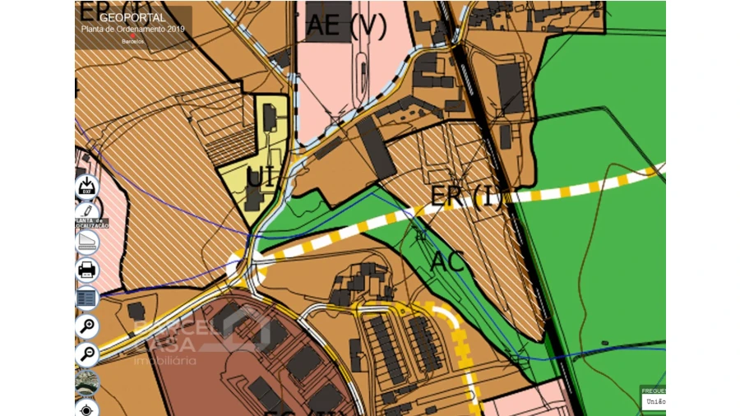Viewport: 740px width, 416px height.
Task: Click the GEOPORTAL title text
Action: pyautogui.click(x=132, y=17)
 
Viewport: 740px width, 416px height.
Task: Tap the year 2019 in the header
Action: pyautogui.click(x=174, y=29)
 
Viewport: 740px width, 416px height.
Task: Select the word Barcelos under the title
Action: pyautogui.click(x=132, y=41)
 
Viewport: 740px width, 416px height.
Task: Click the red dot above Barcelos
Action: pyautogui.click(x=132, y=36)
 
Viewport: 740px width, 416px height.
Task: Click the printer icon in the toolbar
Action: pyautogui.click(x=87, y=269)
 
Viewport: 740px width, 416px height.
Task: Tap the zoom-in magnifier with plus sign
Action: pyautogui.click(x=87, y=326)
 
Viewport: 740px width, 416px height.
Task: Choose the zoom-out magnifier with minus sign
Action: pyautogui.click(x=87, y=354)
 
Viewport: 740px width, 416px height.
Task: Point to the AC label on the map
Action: pyautogui.click(x=448, y=261)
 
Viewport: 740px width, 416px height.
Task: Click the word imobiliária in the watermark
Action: pyautogui.click(x=165, y=360)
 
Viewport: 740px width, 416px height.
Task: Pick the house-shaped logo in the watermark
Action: pyautogui.click(x=246, y=326)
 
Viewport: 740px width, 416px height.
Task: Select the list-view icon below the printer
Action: pyautogui.click(x=87, y=298)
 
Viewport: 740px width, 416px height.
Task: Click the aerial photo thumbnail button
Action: pyautogui.click(x=87, y=382)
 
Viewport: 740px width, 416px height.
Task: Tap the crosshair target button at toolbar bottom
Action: pyautogui.click(x=87, y=409)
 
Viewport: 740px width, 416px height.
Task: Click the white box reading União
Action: pyautogui.click(x=654, y=401)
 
